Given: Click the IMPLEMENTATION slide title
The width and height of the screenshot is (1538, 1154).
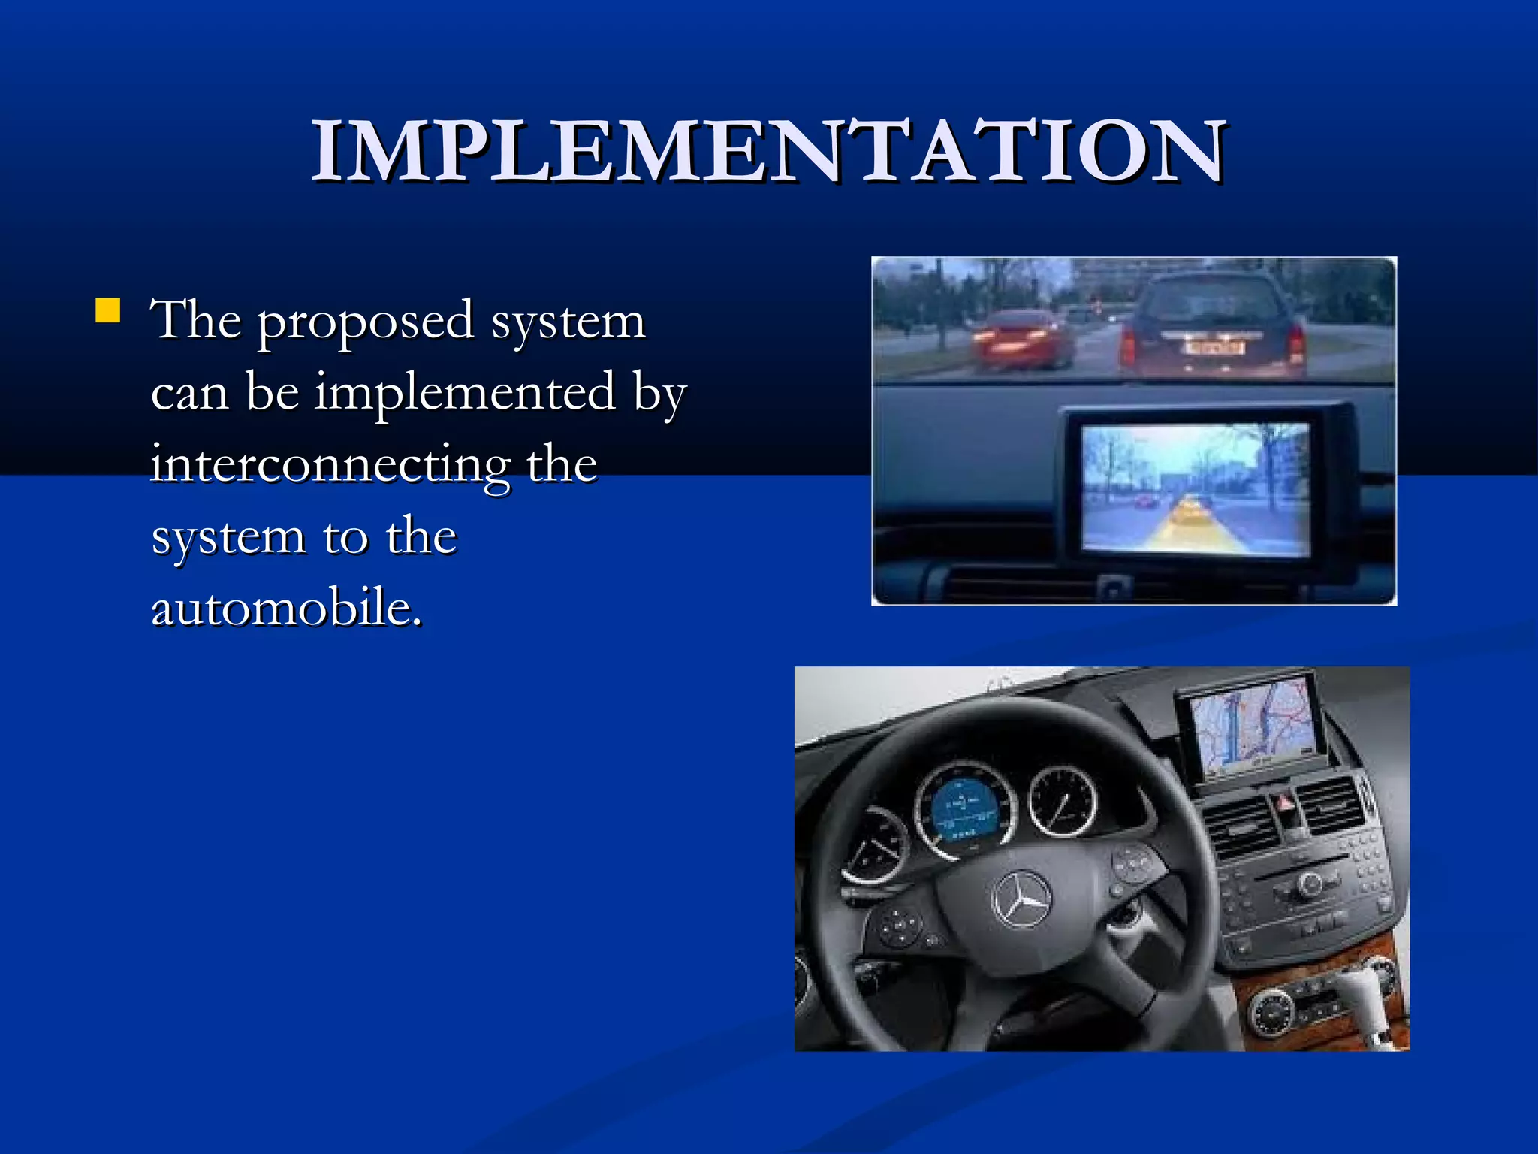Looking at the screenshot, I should [x=769, y=152].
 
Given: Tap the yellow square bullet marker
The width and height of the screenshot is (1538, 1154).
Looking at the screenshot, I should [x=108, y=310].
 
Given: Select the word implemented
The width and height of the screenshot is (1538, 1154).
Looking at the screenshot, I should [x=465, y=392].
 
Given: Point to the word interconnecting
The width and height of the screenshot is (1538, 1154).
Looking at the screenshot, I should [x=331, y=464].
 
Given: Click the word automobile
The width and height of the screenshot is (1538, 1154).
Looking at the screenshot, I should [x=286, y=607].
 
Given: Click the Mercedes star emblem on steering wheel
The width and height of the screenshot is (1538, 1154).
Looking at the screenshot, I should [x=1021, y=899].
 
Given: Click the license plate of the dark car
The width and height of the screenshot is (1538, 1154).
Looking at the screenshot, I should [x=1214, y=348].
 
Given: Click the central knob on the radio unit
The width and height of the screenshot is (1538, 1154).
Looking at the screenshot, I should [x=1310, y=884].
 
